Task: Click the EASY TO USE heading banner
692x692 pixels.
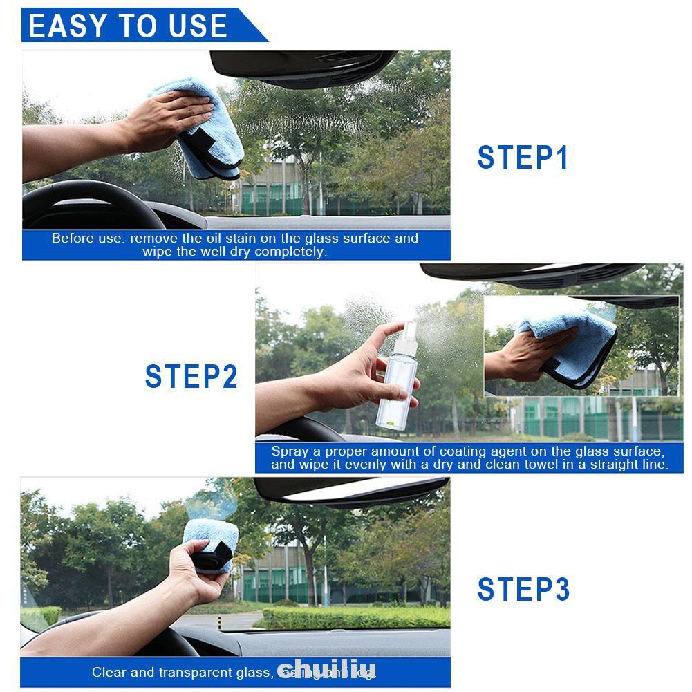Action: coord(129,26)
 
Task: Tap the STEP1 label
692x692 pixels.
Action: coord(523,158)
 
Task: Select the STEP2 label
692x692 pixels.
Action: coord(191,377)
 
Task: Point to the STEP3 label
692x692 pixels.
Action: coord(523,590)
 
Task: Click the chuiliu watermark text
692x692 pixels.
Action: coord(327,670)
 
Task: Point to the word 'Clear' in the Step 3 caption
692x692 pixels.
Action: coord(108,672)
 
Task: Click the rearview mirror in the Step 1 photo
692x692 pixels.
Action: coord(304,66)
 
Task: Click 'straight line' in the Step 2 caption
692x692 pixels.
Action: coord(632,465)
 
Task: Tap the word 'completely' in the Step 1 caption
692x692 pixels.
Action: coord(290,252)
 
